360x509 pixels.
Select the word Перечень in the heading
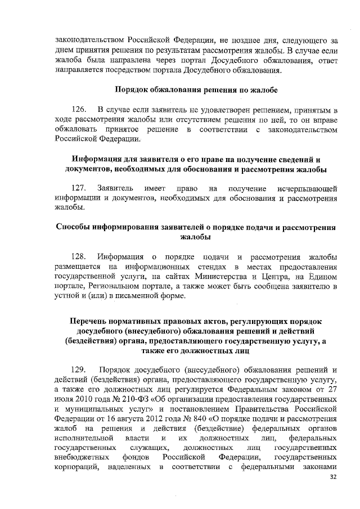(90, 320)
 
